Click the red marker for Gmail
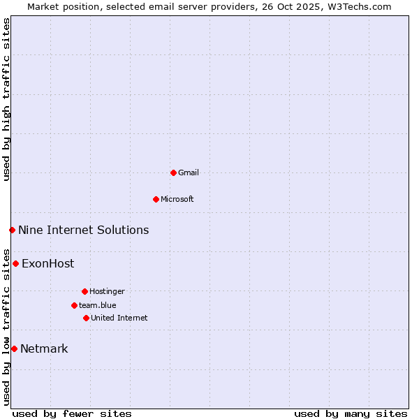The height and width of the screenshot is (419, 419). (x=173, y=172)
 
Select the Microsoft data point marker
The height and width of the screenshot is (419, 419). (x=156, y=199)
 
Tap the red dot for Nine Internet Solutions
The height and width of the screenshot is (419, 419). (x=12, y=230)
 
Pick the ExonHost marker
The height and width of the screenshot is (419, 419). (x=15, y=263)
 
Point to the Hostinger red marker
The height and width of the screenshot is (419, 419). (x=84, y=291)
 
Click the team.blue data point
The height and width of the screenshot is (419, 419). (x=74, y=305)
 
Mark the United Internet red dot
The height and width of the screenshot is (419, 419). (x=86, y=318)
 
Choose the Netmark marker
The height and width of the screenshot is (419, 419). (x=14, y=348)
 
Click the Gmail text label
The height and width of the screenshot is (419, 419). (x=189, y=172)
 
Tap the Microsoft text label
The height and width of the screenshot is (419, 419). (x=177, y=199)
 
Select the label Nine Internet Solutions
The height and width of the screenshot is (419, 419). (x=83, y=230)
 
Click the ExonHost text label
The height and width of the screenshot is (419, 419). (x=47, y=263)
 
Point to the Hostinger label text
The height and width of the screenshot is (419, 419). (x=107, y=291)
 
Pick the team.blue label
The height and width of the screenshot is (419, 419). (x=98, y=305)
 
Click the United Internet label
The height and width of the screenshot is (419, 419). (x=119, y=318)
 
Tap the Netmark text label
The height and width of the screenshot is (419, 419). (x=44, y=348)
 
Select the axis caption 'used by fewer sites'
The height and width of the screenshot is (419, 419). (x=72, y=413)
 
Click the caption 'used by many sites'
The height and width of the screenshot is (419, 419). (x=351, y=413)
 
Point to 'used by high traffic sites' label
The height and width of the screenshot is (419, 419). (x=6, y=99)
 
